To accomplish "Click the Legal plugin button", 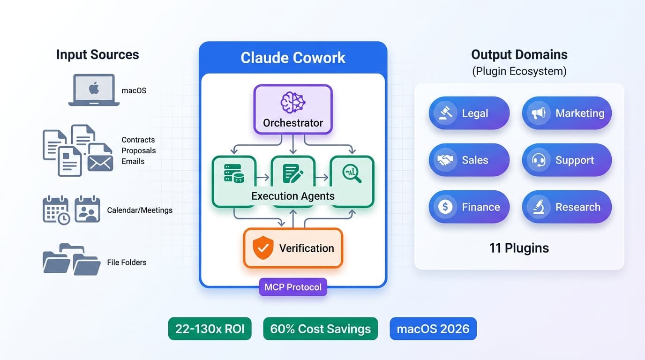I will pyautogui.click(x=469, y=113).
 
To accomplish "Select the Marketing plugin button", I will pyautogui.click(x=566, y=113).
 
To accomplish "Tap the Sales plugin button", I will pyautogui.click(x=469, y=160).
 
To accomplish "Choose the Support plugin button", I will pyautogui.click(x=566, y=160).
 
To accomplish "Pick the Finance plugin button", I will pyautogui.click(x=469, y=207).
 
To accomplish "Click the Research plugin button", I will pyautogui.click(x=566, y=207).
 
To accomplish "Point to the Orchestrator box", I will pyautogui.click(x=293, y=109).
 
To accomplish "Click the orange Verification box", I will pyautogui.click(x=293, y=248).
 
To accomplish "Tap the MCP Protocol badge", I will pyautogui.click(x=293, y=287).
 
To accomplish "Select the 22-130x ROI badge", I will pyautogui.click(x=210, y=329).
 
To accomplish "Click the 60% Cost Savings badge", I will pyautogui.click(x=320, y=329).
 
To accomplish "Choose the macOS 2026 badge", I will pyautogui.click(x=433, y=329).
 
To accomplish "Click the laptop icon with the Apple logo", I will pyautogui.click(x=94, y=90).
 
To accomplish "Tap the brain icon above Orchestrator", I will pyautogui.click(x=292, y=102).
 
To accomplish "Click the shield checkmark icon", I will pyautogui.click(x=262, y=248).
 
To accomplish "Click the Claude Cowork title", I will pyautogui.click(x=293, y=58).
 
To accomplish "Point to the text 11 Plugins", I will pyautogui.click(x=519, y=248).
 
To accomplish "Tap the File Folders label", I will pyautogui.click(x=127, y=262).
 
